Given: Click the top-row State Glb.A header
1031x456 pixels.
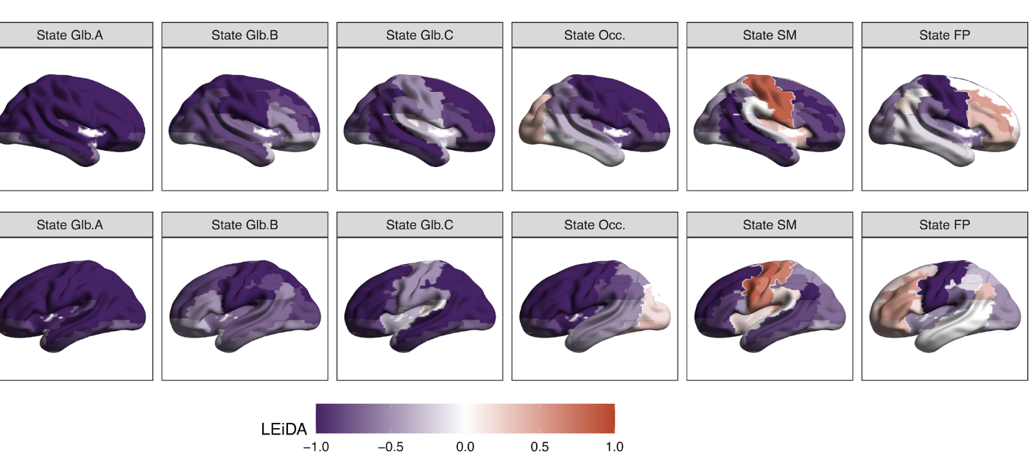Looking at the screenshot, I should coord(70,35).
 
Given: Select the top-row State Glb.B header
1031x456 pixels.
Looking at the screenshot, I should coord(244,35).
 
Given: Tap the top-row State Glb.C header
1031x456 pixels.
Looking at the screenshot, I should coord(420,35).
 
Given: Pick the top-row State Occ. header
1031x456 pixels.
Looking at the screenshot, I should coord(594,35).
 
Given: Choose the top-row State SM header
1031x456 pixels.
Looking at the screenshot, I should coord(770,35).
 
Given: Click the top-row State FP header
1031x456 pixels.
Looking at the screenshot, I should coord(945,35).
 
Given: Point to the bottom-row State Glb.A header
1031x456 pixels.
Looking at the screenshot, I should coord(70,225).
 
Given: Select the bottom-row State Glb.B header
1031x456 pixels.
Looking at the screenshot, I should coord(244,225).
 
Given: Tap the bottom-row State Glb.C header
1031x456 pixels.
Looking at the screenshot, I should coord(420,225).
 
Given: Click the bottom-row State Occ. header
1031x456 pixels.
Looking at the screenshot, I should coord(594,225).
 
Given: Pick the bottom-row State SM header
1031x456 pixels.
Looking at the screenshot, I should coord(770,225).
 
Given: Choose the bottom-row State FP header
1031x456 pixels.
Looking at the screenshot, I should coord(945,225).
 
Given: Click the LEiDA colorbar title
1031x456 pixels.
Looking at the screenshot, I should coord(284,429).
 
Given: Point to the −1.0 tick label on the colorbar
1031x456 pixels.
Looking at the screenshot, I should coord(317,446).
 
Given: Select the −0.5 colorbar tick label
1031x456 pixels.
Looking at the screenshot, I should coord(390,446).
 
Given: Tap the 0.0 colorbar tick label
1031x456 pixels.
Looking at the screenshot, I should coord(465,446).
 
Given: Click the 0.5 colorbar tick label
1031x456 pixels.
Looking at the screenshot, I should coord(540,446).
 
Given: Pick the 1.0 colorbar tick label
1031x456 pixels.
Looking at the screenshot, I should coord(614,446).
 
